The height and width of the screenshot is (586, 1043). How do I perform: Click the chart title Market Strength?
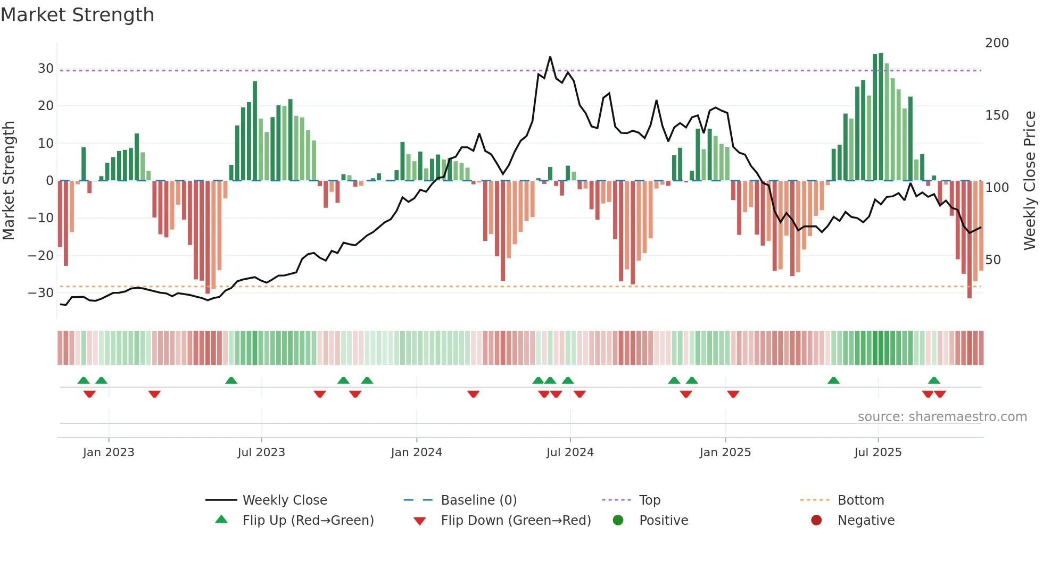[x=77, y=15]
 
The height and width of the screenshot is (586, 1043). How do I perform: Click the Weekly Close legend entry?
[x=284, y=500]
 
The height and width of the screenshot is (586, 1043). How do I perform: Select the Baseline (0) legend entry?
[x=478, y=500]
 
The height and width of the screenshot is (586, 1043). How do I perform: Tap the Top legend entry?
[x=649, y=500]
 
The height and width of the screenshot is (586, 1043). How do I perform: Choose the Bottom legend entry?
[x=860, y=500]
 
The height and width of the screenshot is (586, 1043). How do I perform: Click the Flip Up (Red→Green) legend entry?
[x=308, y=521]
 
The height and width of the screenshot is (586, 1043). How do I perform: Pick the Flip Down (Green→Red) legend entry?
[x=515, y=521]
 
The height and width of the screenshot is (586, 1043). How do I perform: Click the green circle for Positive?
[x=618, y=521]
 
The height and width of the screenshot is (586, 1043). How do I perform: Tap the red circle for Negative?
[x=816, y=521]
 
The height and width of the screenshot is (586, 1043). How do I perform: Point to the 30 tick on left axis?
[x=45, y=69]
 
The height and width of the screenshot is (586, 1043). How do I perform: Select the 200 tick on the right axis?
[x=996, y=43]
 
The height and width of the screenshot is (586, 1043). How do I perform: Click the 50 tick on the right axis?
[x=992, y=260]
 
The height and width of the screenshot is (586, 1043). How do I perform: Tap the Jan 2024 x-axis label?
[x=416, y=453]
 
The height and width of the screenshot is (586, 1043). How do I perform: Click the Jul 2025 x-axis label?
[x=878, y=453]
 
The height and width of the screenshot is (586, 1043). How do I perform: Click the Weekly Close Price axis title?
[x=1030, y=181]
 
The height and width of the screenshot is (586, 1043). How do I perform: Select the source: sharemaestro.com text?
[x=942, y=417]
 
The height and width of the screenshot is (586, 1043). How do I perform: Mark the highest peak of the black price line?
[x=550, y=57]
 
